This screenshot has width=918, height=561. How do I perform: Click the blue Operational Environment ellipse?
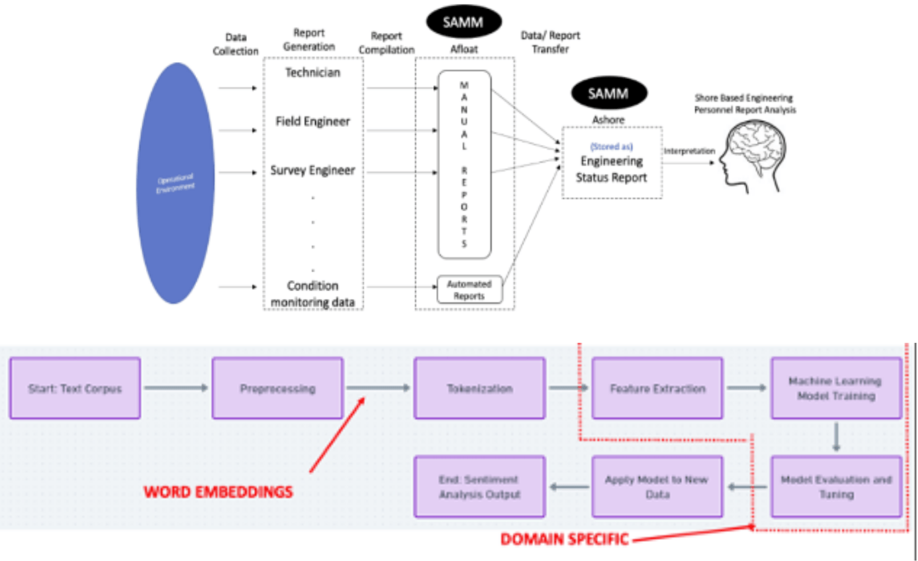(175, 183)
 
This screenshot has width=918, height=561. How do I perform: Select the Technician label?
(312, 73)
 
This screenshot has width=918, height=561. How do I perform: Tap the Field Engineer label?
(312, 121)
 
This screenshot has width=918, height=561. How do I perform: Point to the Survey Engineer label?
(312, 170)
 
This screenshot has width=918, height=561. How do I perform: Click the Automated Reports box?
(469, 290)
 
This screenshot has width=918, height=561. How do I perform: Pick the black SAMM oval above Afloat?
(463, 22)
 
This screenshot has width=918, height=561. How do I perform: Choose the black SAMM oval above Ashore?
(609, 93)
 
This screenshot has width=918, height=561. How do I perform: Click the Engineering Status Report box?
(612, 163)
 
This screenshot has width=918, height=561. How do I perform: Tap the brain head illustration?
(754, 156)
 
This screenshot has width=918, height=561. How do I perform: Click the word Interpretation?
(689, 151)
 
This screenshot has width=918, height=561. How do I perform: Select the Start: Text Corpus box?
(75, 388)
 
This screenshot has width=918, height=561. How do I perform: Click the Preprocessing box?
(277, 388)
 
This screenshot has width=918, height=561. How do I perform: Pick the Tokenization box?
(479, 388)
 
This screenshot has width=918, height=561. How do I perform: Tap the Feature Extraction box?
(657, 388)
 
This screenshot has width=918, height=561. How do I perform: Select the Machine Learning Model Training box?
(836, 388)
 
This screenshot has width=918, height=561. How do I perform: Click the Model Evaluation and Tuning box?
(836, 487)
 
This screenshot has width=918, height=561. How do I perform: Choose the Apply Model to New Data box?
(657, 487)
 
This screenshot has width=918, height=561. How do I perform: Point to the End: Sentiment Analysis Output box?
(479, 487)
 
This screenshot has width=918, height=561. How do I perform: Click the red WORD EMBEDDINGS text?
(218, 492)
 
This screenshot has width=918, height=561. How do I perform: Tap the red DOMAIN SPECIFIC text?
(564, 539)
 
